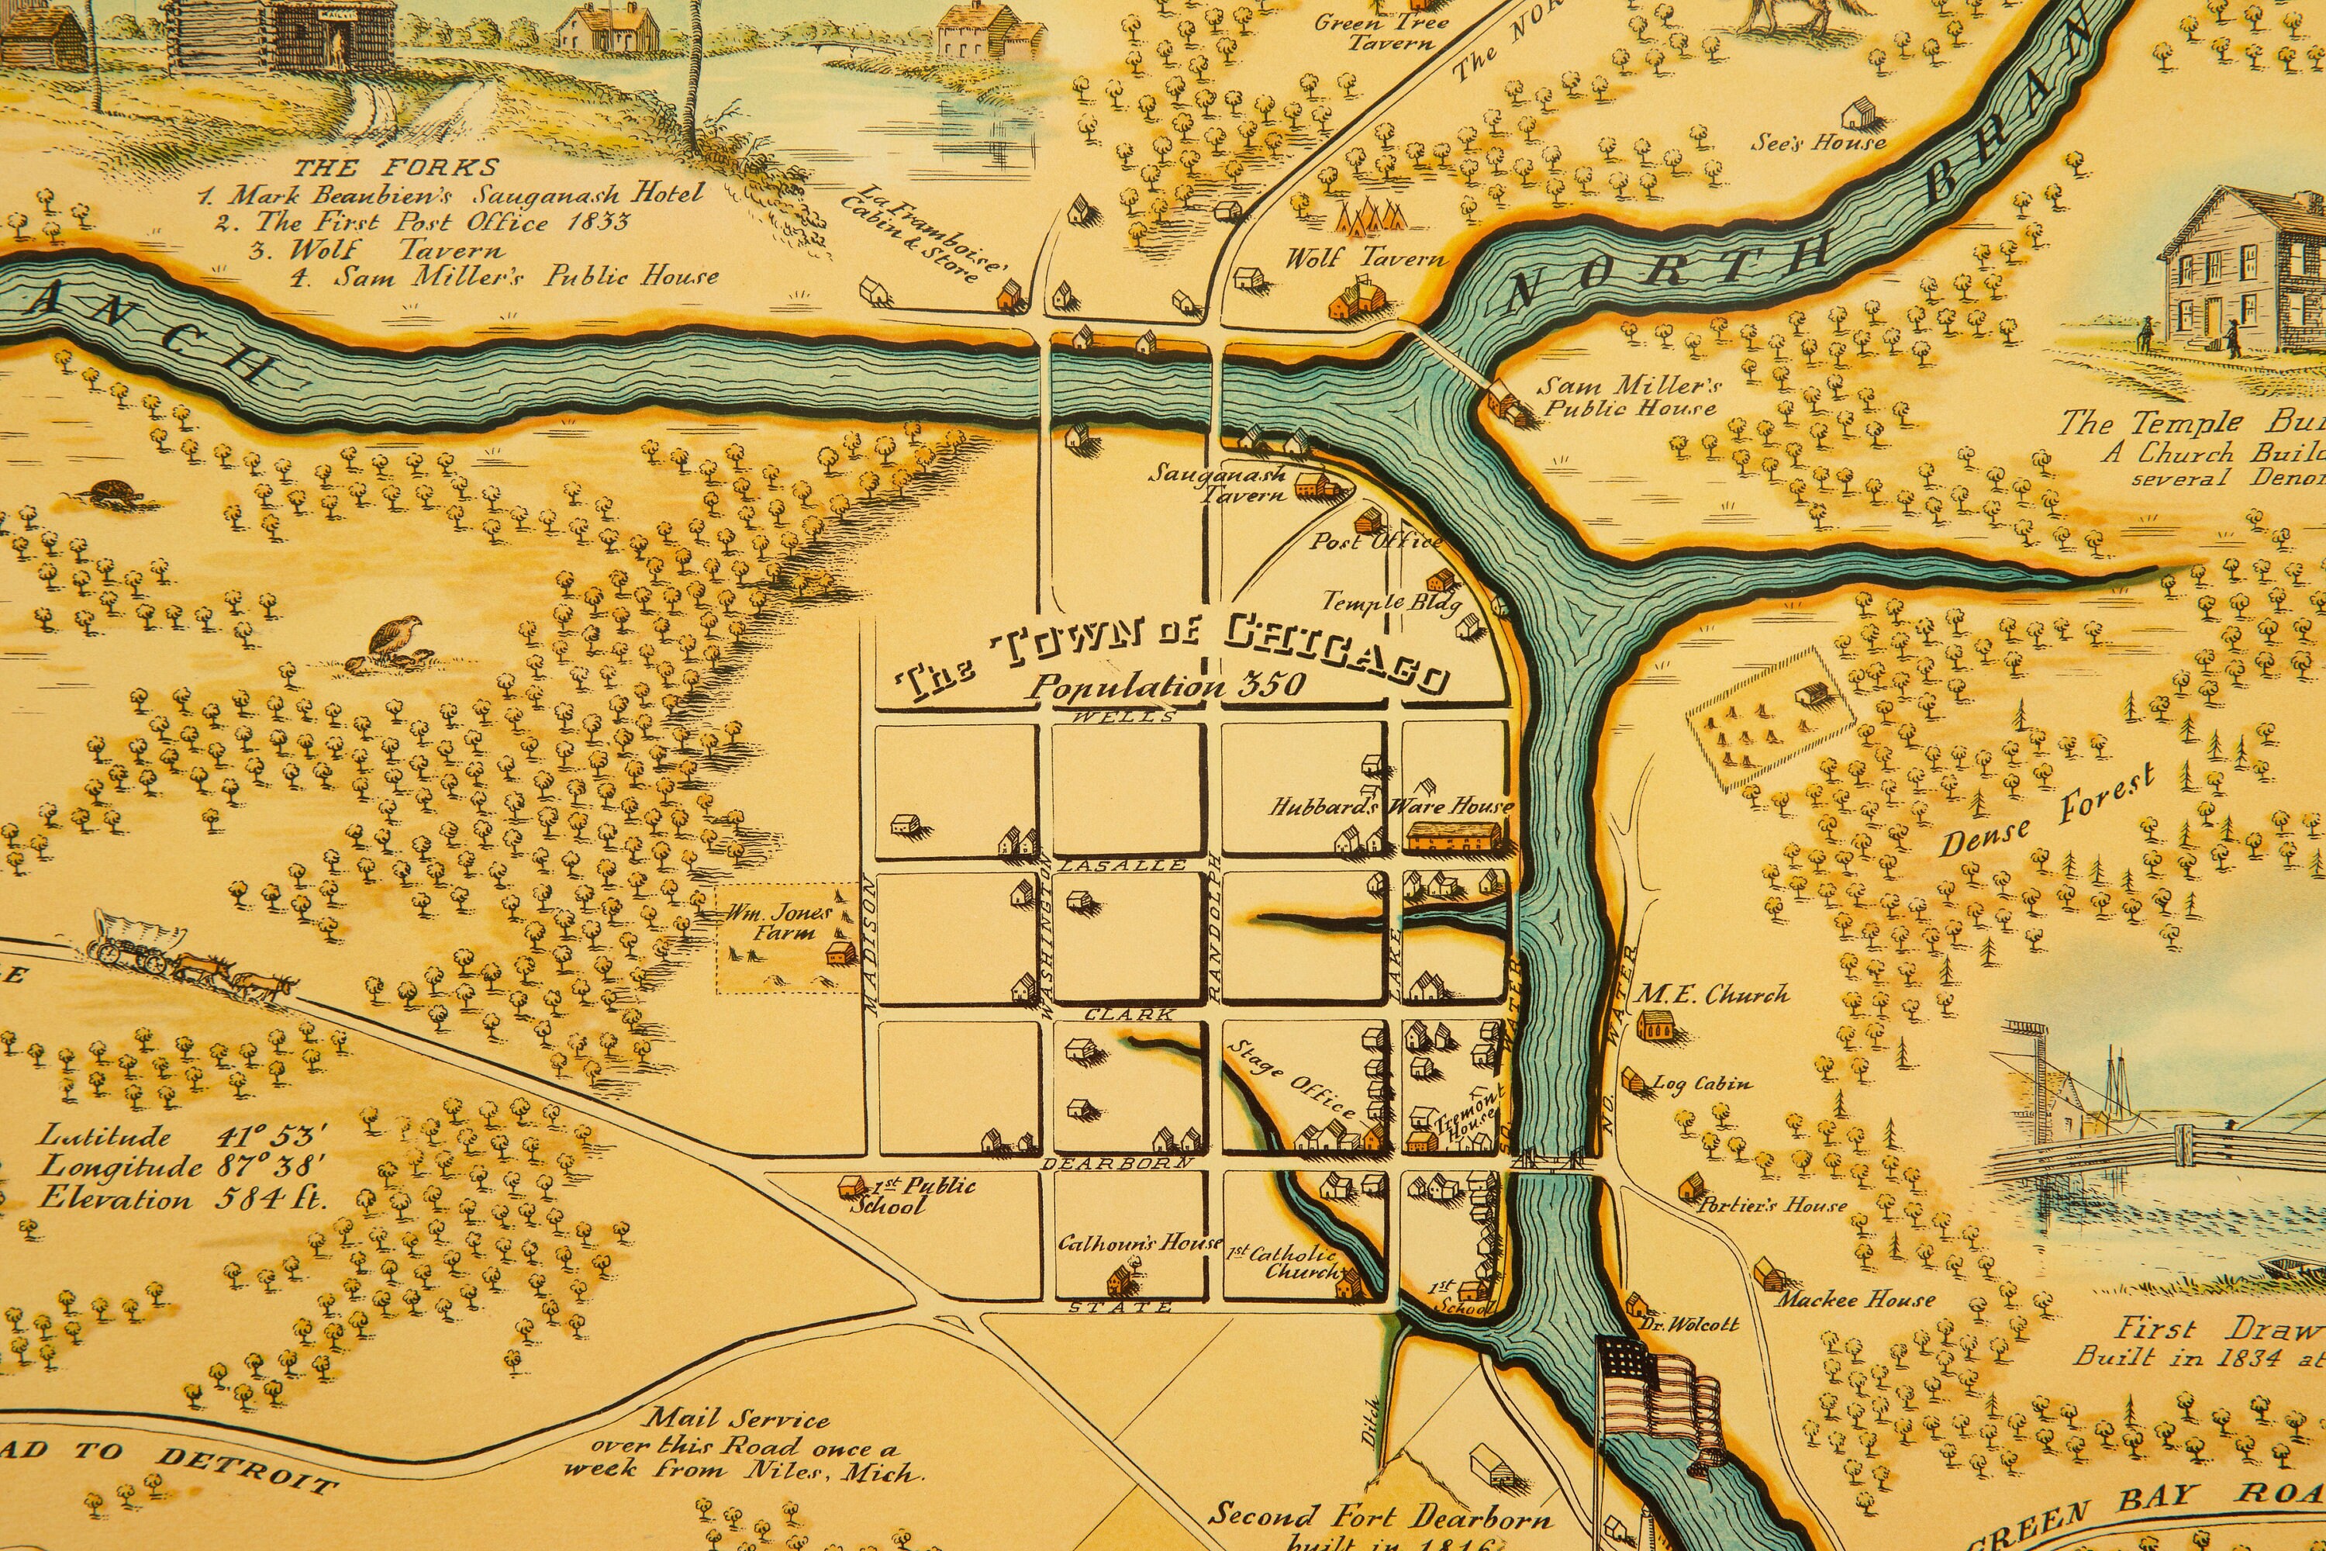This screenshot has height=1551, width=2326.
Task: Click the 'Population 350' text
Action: tap(1167, 686)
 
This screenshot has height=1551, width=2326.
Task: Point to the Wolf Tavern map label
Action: tap(1365, 259)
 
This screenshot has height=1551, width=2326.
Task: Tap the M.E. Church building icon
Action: tap(1652, 1024)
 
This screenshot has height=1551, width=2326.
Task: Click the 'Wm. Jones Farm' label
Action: tap(779, 923)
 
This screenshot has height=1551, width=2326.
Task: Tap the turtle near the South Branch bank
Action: tap(105, 492)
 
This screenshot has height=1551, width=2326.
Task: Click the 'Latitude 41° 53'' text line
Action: tap(182, 1135)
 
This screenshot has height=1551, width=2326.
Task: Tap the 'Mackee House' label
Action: tap(1855, 1300)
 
